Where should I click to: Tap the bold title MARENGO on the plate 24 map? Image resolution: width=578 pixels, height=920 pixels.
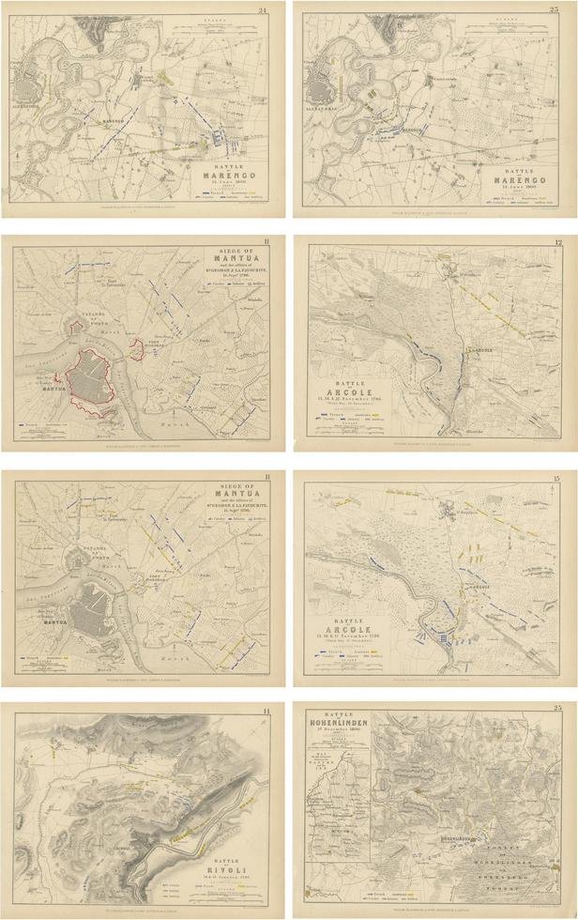click(x=228, y=172)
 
